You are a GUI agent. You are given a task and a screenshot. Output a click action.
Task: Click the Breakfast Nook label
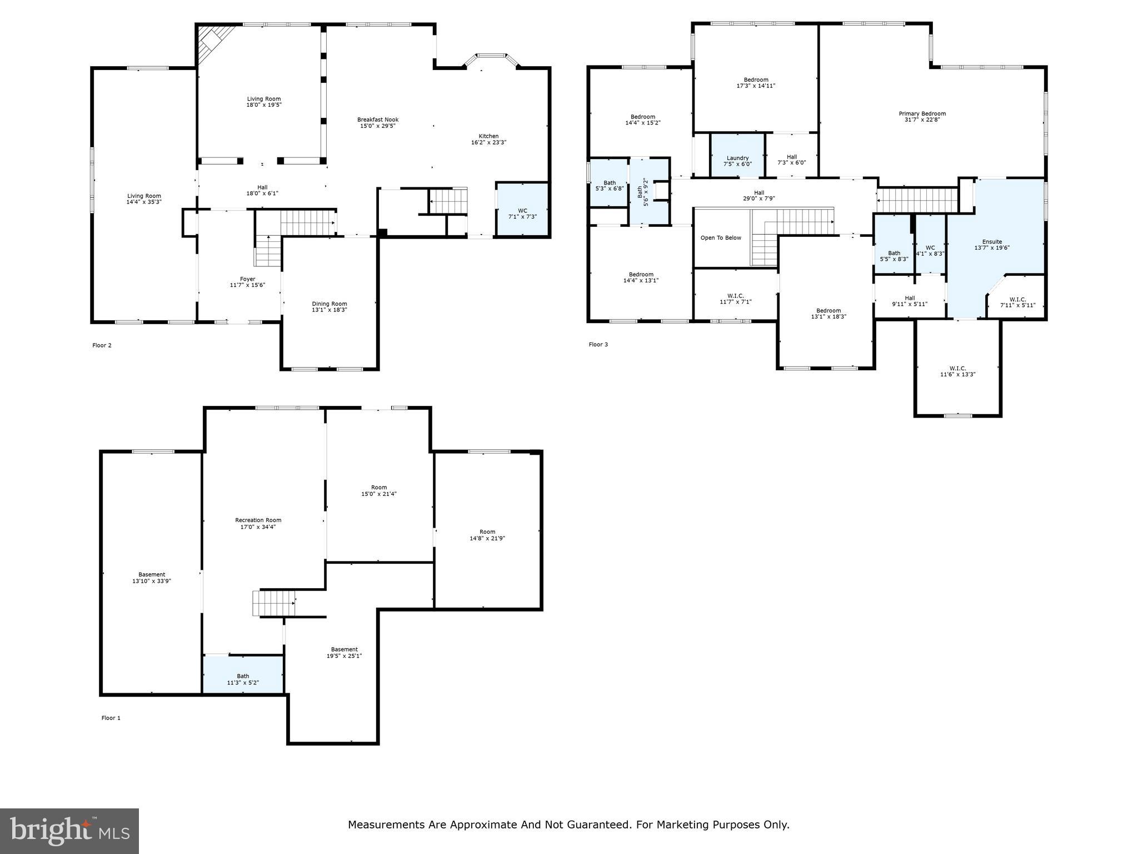click(377, 120)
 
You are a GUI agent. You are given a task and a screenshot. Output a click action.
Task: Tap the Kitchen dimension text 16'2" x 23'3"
click(488, 142)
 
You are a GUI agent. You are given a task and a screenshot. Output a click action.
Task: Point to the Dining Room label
click(329, 304)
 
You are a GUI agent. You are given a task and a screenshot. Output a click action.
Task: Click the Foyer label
click(247, 279)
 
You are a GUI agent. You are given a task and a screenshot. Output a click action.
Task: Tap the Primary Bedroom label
click(922, 113)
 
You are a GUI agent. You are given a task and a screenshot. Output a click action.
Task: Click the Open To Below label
click(721, 238)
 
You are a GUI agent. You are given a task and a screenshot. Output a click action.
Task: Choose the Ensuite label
click(992, 242)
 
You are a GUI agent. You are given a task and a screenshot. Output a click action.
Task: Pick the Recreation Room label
click(258, 520)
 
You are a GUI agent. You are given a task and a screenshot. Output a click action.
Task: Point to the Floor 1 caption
click(111, 718)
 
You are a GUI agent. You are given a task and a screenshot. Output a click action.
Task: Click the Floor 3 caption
click(598, 345)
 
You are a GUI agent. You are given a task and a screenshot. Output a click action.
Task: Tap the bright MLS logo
click(69, 831)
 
